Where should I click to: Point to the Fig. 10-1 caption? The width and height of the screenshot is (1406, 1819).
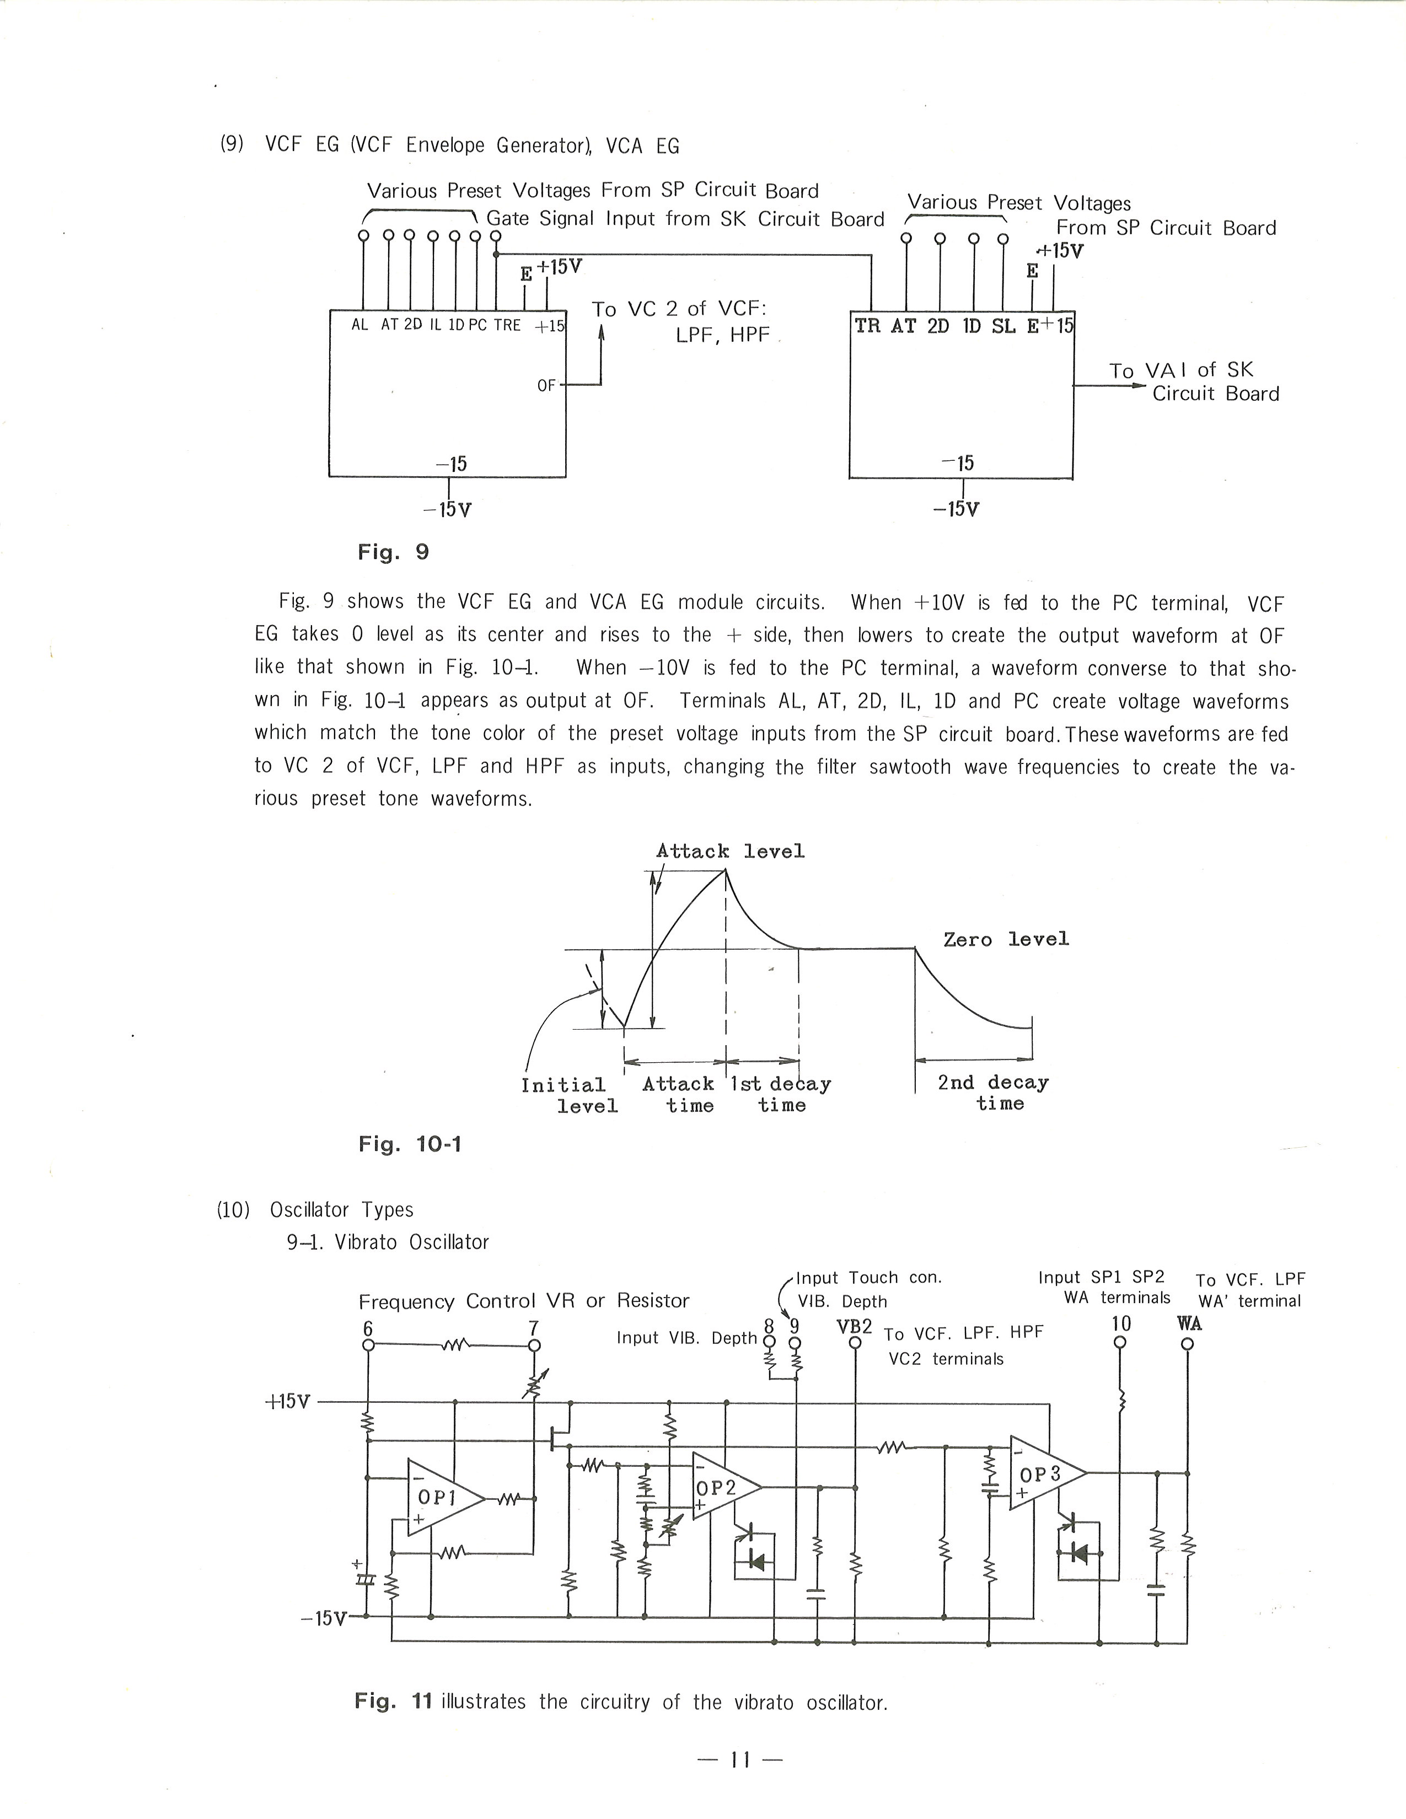click(410, 1144)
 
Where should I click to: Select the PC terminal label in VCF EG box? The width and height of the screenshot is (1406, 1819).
click(477, 325)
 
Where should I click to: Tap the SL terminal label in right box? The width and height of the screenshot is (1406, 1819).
click(1003, 326)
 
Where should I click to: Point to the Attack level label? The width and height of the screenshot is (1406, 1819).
click(731, 851)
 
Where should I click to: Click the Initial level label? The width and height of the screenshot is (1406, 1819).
click(570, 1095)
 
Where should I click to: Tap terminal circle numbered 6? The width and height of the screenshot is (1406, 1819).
click(367, 1344)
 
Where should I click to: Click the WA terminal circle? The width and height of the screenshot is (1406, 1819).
click(1188, 1343)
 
